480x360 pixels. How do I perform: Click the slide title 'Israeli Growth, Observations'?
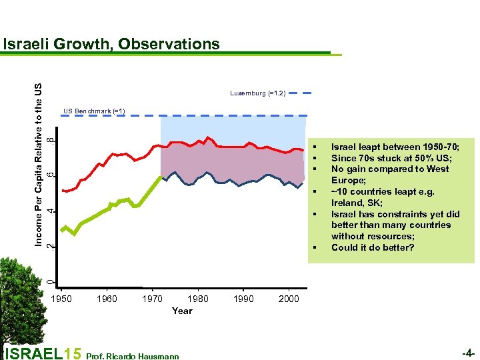pyautogui.click(x=111, y=44)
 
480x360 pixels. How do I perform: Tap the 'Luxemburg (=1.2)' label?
pyautogui.click(x=258, y=93)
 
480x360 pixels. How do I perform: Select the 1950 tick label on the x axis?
pyautogui.click(x=61, y=299)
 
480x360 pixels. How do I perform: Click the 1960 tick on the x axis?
pyautogui.click(x=107, y=299)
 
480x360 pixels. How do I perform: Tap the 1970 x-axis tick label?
pyautogui.click(x=153, y=299)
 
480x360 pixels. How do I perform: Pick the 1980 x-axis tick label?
pyautogui.click(x=198, y=299)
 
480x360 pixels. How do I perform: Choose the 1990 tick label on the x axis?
pyautogui.click(x=243, y=299)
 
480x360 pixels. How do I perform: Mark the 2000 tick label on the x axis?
pyautogui.click(x=289, y=299)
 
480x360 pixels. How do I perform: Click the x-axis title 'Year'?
pyautogui.click(x=181, y=311)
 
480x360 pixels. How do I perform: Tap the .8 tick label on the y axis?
pyautogui.click(x=52, y=140)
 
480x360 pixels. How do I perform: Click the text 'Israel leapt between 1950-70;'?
pyautogui.click(x=395, y=147)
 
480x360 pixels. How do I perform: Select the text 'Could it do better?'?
pyautogui.click(x=373, y=247)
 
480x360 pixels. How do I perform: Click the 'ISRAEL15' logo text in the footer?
pyautogui.click(x=43, y=353)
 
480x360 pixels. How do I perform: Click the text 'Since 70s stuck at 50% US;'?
pyautogui.click(x=391, y=158)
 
